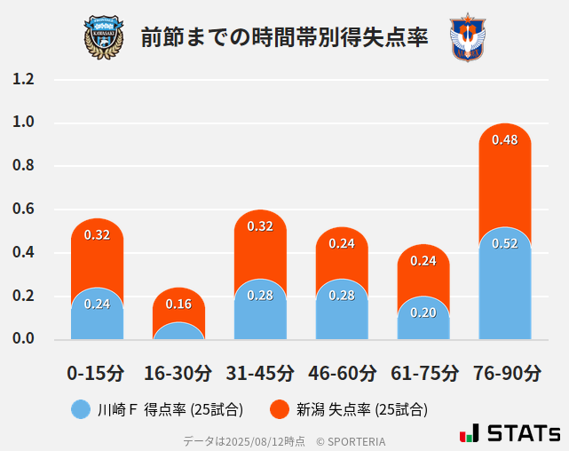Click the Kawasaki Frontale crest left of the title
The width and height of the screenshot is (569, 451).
point(104,36)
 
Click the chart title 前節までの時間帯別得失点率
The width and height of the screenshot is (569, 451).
point(284,37)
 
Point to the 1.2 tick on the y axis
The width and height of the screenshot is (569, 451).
point(23,80)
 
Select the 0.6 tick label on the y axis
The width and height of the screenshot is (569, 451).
point(23,210)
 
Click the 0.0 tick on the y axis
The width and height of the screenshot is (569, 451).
point(23,339)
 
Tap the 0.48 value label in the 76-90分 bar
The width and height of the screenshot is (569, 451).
point(504,140)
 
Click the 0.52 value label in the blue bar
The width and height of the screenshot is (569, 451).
point(504,243)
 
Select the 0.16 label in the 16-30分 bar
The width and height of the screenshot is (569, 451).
point(178,305)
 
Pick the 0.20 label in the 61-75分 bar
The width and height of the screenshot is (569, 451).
point(423,313)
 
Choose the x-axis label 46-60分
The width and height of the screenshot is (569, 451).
point(342,373)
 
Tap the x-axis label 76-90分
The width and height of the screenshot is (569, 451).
point(506,373)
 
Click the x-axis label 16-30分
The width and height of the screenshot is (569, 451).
point(178,373)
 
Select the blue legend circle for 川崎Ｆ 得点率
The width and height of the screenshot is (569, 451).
point(81,409)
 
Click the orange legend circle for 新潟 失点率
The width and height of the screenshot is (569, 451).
point(280,409)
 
